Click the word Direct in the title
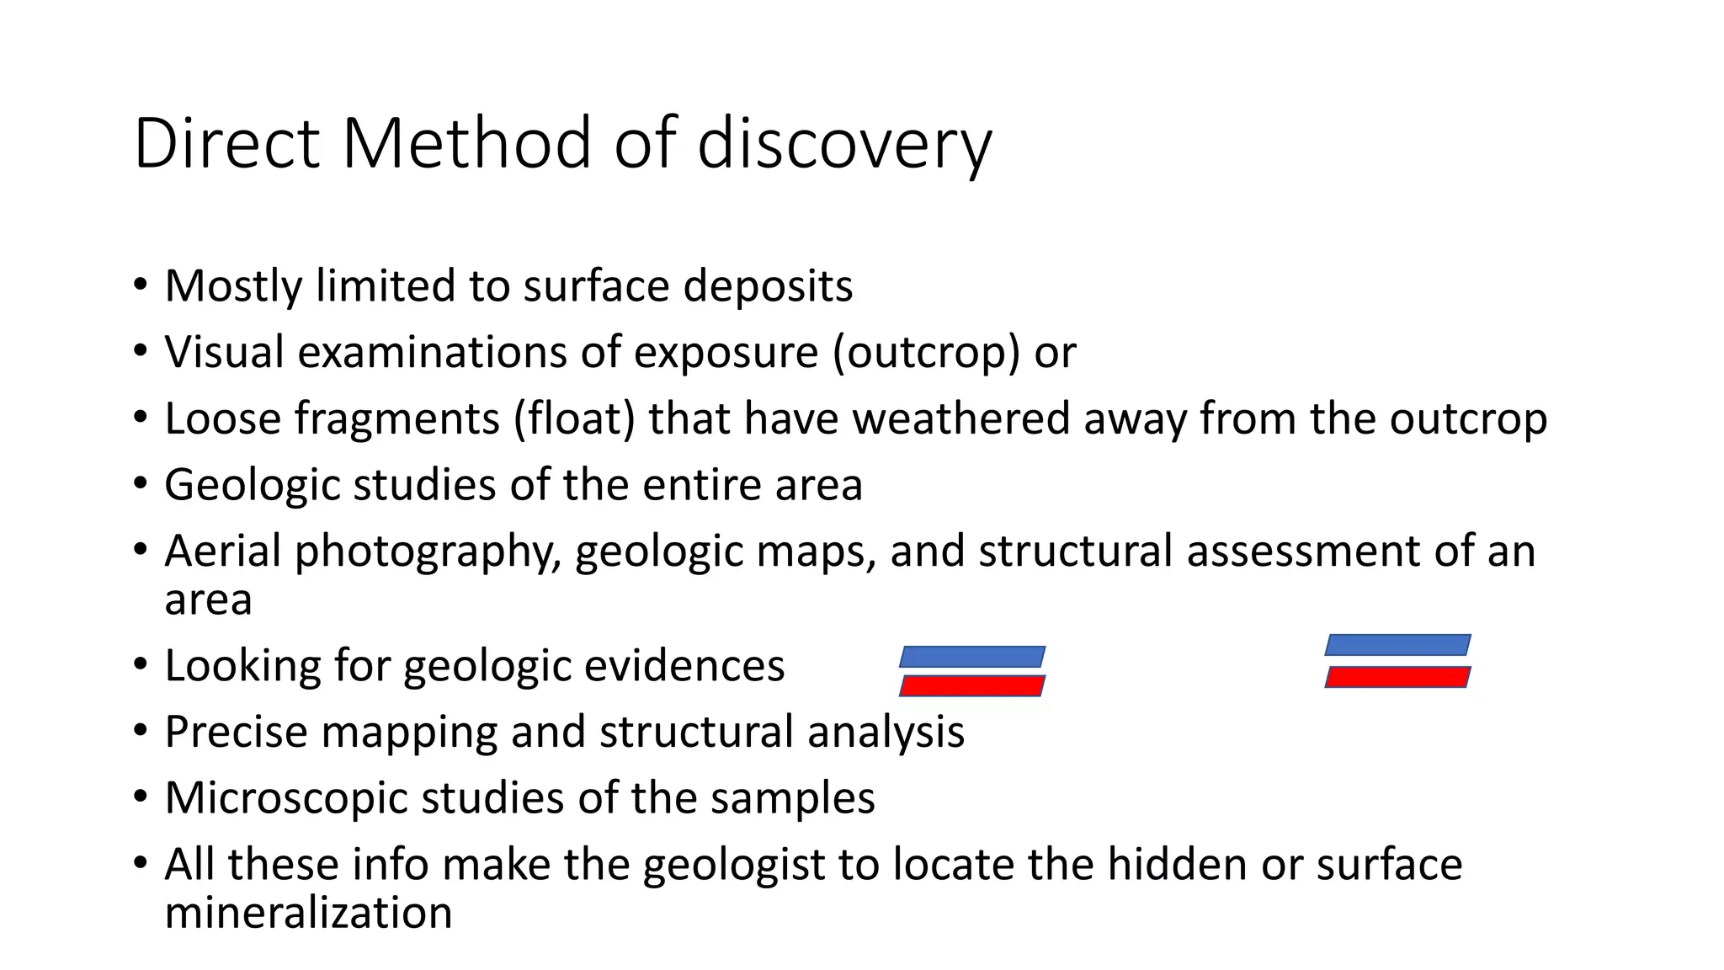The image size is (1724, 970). pos(226,143)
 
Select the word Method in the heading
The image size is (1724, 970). pos(467,143)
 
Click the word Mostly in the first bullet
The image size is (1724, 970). pos(233,286)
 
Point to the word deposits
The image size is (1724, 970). pos(768,286)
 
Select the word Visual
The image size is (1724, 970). pos(225,352)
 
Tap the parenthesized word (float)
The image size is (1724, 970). pos(574,418)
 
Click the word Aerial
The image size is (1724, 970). pos(222,552)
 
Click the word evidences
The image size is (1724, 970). pos(684,666)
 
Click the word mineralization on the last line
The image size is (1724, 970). pos(308,913)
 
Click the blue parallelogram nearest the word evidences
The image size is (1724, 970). pos(972,657)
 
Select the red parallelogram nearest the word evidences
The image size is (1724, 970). pos(972,685)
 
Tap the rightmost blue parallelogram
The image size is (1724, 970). pos(1397,645)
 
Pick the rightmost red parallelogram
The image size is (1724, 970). pos(1397,677)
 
